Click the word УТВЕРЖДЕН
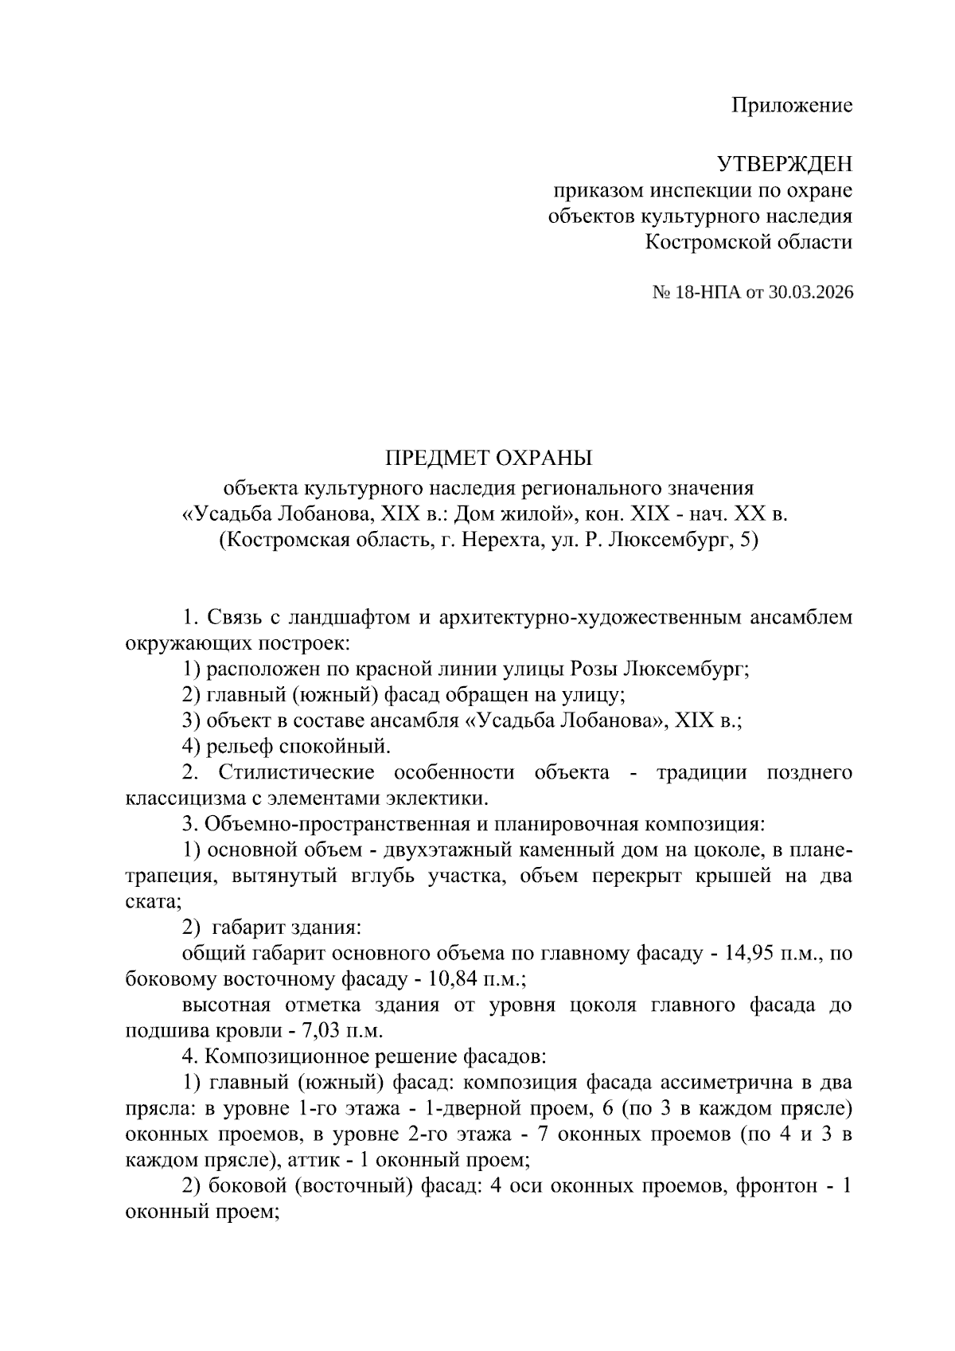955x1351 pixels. coord(785,164)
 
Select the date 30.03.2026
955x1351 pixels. coord(811,293)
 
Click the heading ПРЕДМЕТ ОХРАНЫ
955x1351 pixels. coord(489,459)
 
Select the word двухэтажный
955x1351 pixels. coord(446,850)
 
